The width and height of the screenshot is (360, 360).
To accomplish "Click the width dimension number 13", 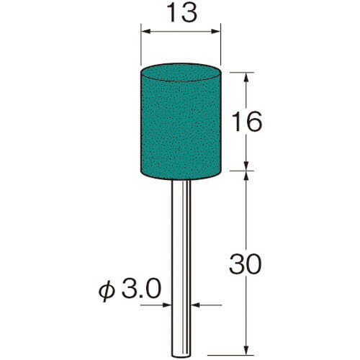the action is click(181, 13).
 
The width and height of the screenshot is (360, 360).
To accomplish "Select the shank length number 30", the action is click(245, 264).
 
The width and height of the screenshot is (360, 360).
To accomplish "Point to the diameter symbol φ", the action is click(107, 291).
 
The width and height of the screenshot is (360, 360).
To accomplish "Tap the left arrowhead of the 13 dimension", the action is click(145, 32).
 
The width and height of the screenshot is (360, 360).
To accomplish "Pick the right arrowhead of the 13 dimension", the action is click(215, 32).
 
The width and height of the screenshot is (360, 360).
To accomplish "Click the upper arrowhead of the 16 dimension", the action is click(246, 77).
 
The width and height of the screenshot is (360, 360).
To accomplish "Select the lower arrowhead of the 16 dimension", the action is click(246, 166).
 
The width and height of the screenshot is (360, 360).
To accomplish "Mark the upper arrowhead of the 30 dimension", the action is click(246, 176).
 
